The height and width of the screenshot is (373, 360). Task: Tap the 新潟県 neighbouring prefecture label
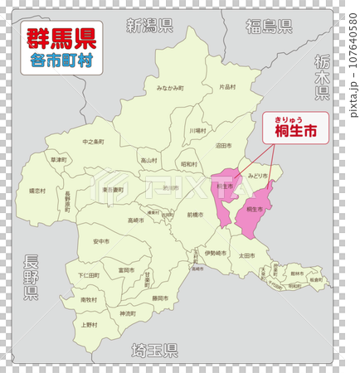tap(148, 26)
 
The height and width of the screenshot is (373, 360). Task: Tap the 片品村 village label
tap(226, 86)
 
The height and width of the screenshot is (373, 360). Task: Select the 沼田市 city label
tap(222, 145)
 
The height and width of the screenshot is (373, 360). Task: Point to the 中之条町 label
tap(93, 142)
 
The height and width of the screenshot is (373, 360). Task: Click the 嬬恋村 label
tap(37, 191)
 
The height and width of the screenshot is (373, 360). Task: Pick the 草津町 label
tap(57, 159)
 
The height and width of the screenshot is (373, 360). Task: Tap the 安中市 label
tap(100, 241)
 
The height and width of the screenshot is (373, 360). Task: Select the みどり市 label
tap(257, 176)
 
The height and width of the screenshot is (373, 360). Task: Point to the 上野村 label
tap(89, 324)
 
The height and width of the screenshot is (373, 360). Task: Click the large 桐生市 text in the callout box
tap(295, 129)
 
